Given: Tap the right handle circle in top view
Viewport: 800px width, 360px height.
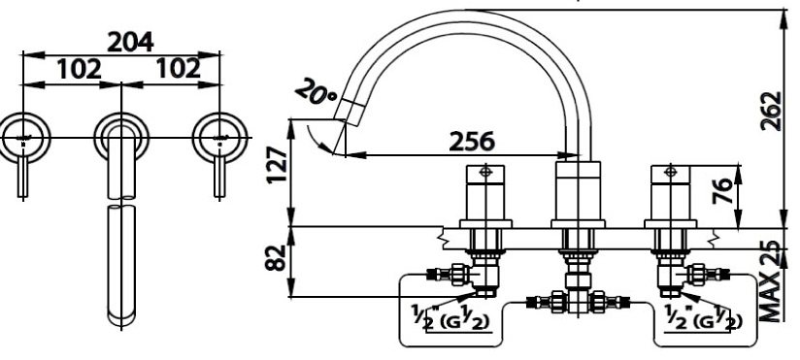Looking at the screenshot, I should click(218, 135).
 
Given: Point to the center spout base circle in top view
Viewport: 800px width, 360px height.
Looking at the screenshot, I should click(120, 135).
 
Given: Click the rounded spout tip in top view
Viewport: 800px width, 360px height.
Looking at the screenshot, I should click(120, 312).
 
